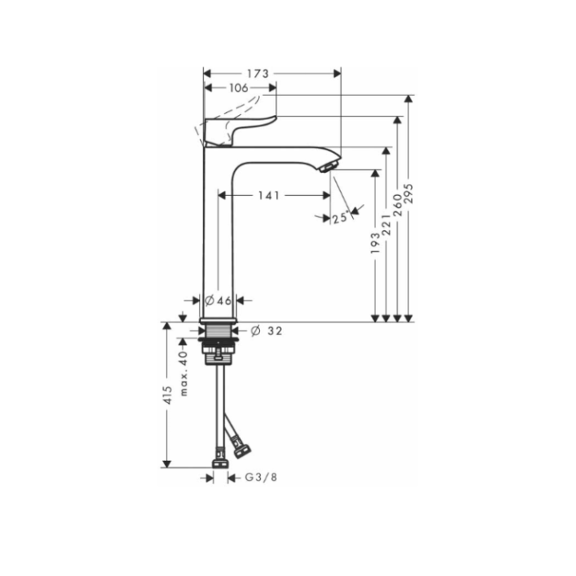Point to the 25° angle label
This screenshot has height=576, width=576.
[339, 217]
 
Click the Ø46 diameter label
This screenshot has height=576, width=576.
[218, 301]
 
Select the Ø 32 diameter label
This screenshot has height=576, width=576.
[267, 330]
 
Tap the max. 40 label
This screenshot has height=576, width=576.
[183, 373]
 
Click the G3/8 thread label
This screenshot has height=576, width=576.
[260, 478]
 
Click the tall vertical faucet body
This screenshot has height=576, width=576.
[217, 240]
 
